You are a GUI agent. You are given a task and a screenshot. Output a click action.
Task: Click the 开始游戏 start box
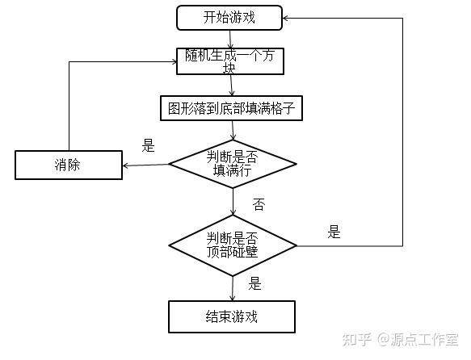pyautogui.click(x=229, y=17)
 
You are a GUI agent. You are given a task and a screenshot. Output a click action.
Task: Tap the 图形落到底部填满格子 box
pyautogui.click(x=232, y=108)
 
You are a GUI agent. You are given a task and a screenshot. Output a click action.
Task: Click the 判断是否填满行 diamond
pyautogui.click(x=233, y=163)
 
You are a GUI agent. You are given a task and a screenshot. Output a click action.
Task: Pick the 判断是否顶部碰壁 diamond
pyautogui.click(x=233, y=244)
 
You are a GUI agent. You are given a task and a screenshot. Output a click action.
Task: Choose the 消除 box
pyautogui.click(x=68, y=165)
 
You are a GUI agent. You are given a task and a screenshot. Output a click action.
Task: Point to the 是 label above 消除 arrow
pyautogui.click(x=148, y=146)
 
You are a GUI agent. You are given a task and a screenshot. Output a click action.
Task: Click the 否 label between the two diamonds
pyautogui.click(x=259, y=204)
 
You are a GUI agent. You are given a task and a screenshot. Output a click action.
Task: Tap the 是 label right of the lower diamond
pyautogui.click(x=334, y=232)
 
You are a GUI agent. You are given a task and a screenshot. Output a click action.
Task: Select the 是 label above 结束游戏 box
pyautogui.click(x=255, y=283)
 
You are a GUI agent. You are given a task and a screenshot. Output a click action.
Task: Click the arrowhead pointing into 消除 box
pyautogui.click(x=126, y=166)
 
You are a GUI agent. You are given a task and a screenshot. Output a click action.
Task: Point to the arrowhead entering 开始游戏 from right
pyautogui.click(x=288, y=17)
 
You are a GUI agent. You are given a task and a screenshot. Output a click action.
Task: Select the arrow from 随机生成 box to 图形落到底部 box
pyautogui.click(x=232, y=85)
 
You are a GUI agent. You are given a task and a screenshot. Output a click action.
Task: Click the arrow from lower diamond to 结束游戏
pyautogui.click(x=233, y=287)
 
